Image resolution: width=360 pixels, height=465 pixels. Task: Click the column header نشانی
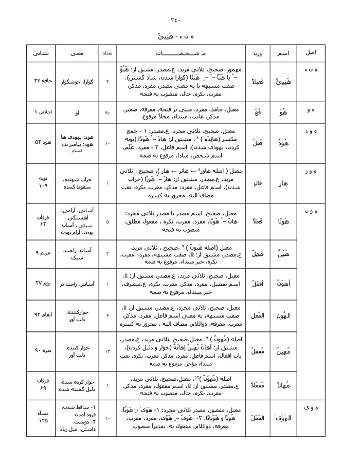41,53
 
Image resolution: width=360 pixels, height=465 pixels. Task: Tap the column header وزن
257,53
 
